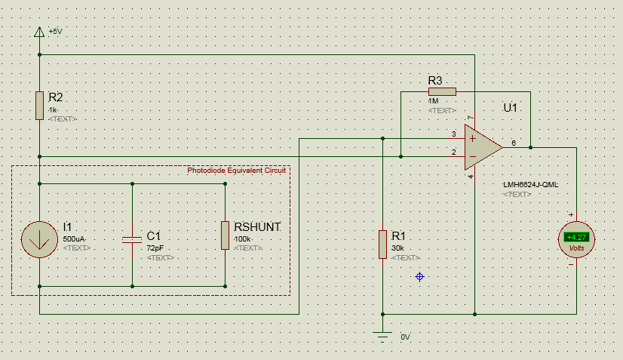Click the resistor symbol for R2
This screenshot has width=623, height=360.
[x=39, y=105]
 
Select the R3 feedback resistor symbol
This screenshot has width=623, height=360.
[x=442, y=91]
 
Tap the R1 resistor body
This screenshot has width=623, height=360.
[x=383, y=245]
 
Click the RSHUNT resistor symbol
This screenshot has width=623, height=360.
[x=225, y=235]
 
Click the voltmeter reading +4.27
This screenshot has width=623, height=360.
[x=577, y=238]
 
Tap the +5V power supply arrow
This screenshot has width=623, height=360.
[x=39, y=32]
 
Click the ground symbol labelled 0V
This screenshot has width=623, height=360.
[x=383, y=335]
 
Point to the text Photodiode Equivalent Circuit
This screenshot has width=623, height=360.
[x=236, y=171]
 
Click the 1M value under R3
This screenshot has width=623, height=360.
[x=433, y=100]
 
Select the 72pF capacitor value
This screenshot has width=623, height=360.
[x=155, y=248]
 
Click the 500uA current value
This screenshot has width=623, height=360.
[x=74, y=238]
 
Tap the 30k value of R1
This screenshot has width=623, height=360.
[x=398, y=248]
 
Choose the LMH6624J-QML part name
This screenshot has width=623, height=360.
[x=530, y=185]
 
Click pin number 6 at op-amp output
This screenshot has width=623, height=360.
[x=514, y=142]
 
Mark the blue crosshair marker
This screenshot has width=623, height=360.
[x=420, y=277]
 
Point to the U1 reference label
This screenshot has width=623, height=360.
[x=511, y=108]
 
